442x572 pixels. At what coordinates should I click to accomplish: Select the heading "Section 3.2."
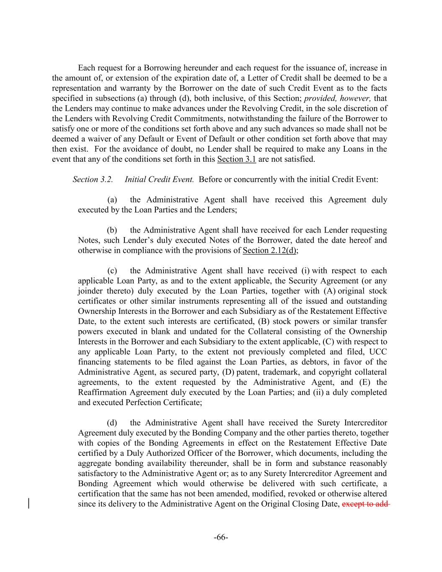[93, 180]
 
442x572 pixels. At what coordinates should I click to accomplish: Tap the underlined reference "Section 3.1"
[236, 159]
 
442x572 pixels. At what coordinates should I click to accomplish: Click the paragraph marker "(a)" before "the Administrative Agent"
[112, 200]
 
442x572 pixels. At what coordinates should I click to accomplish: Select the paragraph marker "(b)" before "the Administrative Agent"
[112, 230]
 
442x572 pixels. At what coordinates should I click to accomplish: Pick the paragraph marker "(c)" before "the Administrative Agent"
[112, 271]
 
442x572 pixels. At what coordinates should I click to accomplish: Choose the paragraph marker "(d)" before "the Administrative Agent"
[112, 423]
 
